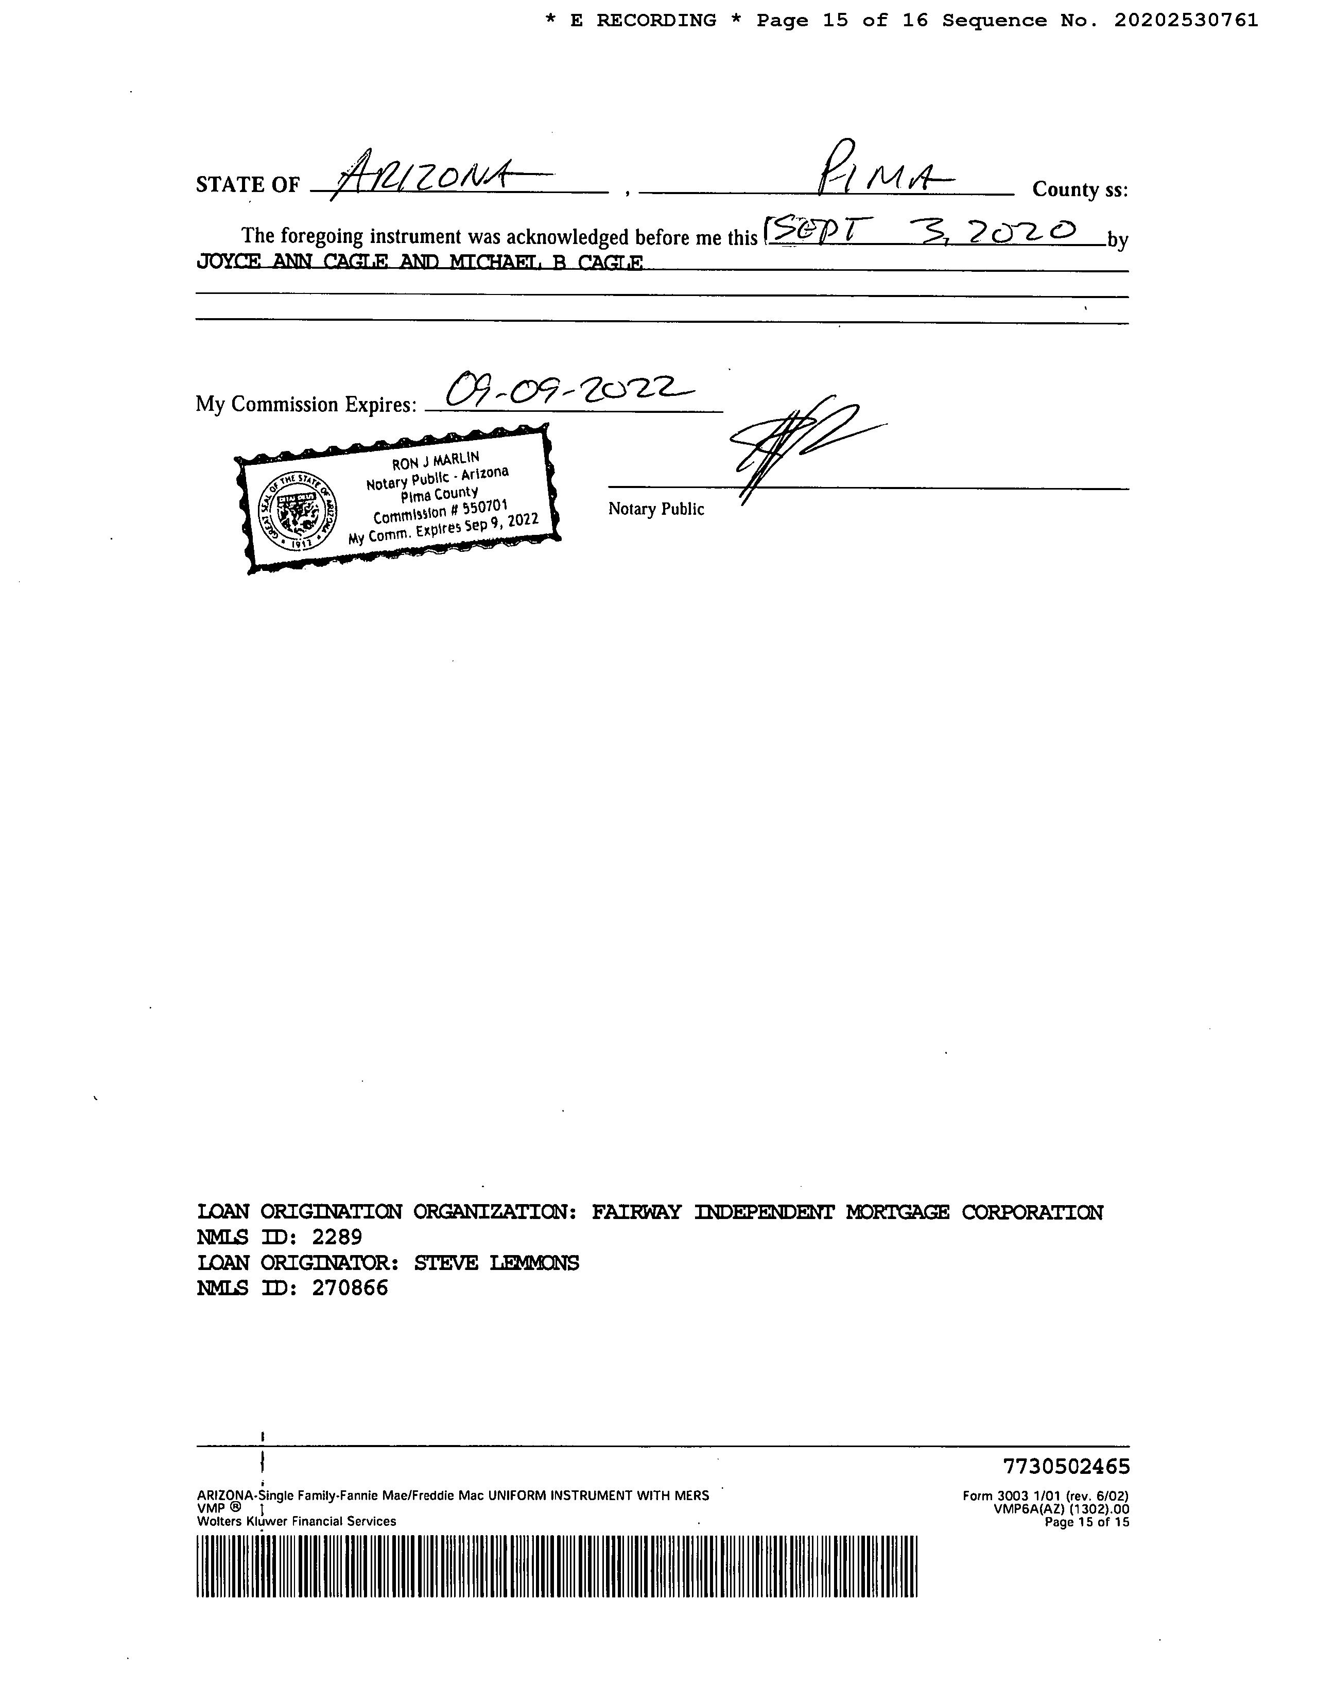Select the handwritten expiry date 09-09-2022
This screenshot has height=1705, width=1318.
566,389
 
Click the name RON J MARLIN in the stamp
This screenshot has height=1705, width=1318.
435,461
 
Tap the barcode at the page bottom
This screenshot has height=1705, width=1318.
556,1566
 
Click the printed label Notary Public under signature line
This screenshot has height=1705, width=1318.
656,509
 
